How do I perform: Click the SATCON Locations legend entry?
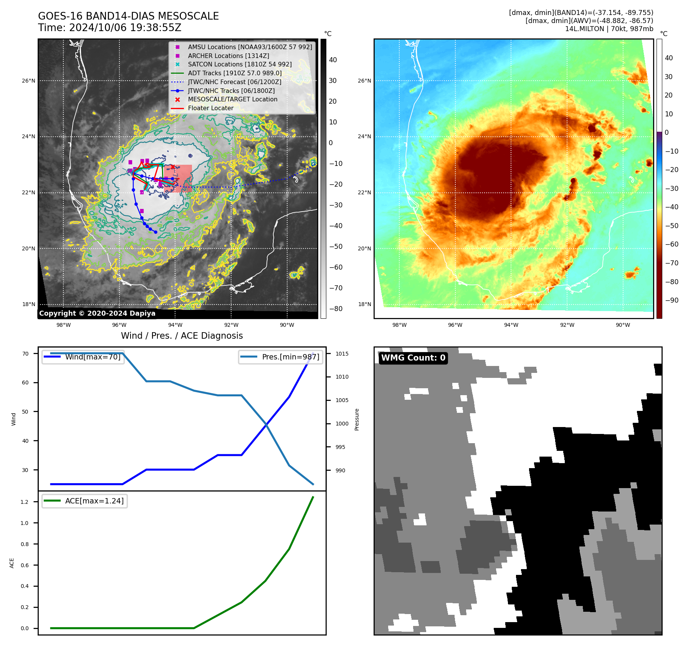pos(240,65)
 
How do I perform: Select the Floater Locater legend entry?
pos(210,108)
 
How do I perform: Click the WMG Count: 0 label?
pos(413,358)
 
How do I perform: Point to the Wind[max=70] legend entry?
pos(93,357)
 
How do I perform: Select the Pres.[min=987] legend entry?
pos(290,357)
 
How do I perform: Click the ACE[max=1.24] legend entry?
pos(94,501)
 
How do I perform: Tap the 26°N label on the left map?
pos(28,81)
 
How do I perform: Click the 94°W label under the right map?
pos(511,325)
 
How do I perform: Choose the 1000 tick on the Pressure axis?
pos(342,424)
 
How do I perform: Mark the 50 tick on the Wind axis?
pos(25,412)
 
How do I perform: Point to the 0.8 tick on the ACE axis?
pos(25,544)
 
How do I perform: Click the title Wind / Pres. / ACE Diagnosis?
pos(182,336)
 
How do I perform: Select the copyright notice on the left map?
pos(97,313)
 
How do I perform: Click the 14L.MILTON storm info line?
pos(609,29)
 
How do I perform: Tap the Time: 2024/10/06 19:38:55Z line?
pos(109,28)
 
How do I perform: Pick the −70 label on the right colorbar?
pos(671,263)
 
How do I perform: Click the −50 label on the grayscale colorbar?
pos(336,247)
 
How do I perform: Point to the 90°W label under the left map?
pos(287,325)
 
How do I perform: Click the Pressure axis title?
pos(357,419)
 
